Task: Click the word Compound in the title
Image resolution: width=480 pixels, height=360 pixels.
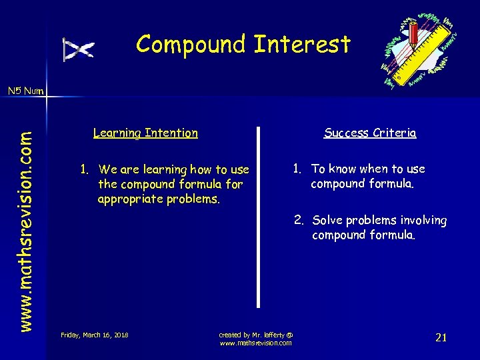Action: click(x=191, y=45)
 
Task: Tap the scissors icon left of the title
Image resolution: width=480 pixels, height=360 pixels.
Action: click(x=78, y=49)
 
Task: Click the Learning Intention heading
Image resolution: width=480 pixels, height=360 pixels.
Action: click(x=145, y=133)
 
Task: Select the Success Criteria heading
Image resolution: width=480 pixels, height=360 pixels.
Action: click(x=370, y=133)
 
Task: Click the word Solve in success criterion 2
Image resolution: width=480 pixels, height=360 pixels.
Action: click(x=327, y=220)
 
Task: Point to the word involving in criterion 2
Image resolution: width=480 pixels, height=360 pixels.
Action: click(x=423, y=220)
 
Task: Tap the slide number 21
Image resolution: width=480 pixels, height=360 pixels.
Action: click(x=441, y=337)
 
